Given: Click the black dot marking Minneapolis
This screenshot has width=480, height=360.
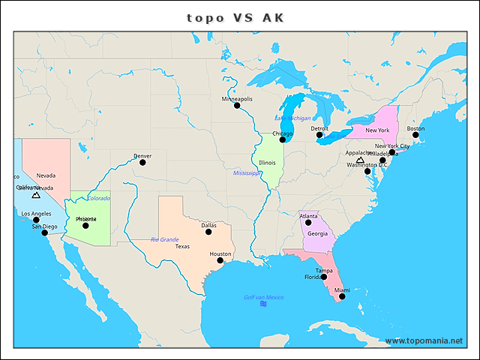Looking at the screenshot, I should [x=237, y=106].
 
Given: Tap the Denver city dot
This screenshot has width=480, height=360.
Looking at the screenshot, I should [x=142, y=162].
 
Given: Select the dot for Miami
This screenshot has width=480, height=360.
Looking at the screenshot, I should [x=342, y=297].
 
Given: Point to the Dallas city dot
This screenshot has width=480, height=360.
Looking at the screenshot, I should [x=208, y=231].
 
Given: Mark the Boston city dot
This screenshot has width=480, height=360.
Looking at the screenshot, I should [x=415, y=135].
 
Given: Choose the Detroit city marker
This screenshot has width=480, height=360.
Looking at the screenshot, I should [x=319, y=135].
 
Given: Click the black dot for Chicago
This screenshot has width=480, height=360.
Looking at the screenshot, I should [x=283, y=139].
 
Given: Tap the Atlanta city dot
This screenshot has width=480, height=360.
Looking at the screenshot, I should [x=308, y=223].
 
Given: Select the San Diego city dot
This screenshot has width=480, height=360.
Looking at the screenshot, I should [x=44, y=232].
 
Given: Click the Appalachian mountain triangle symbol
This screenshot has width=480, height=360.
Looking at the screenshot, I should [x=360, y=160].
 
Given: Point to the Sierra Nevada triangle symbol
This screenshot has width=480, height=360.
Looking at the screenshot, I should [x=36, y=195].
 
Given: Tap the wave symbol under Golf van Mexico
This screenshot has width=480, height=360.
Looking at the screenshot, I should [x=263, y=304].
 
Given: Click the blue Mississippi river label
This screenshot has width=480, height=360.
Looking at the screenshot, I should [x=246, y=173].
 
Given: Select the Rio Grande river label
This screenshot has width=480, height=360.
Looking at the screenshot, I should [x=164, y=240].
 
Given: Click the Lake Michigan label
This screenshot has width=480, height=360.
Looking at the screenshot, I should [x=292, y=118].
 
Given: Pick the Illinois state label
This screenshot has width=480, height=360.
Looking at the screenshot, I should [x=267, y=163].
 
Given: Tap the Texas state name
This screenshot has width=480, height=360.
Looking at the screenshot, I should [x=182, y=246].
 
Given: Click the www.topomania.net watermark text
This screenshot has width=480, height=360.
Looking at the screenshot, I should [x=424, y=341].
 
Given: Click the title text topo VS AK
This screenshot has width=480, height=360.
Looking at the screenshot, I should [x=235, y=18].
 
